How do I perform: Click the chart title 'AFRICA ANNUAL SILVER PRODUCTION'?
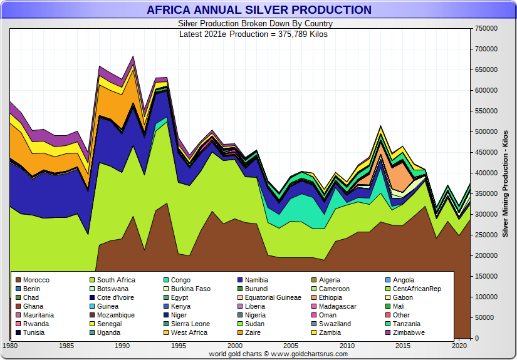(x=259, y=10)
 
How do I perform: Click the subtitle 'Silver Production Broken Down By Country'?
(x=255, y=24)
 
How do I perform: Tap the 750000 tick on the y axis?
(x=486, y=28)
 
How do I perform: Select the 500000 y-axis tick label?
(x=486, y=131)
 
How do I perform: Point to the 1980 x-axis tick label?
(x=11, y=345)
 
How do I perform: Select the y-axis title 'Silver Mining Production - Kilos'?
(x=505, y=183)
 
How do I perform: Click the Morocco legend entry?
(x=35, y=280)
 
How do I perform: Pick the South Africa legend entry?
(x=116, y=280)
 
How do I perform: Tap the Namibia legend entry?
(x=257, y=280)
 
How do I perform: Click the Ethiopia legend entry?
(x=330, y=297)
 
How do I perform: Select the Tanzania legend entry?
(x=407, y=324)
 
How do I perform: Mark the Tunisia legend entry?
(x=34, y=332)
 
